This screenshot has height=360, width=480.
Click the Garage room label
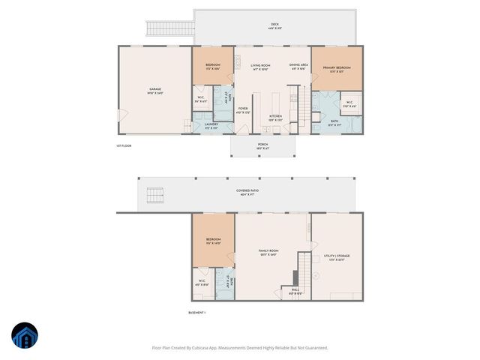point(154,91)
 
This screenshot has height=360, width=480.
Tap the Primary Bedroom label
point(337,69)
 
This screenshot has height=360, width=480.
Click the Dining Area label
point(299,67)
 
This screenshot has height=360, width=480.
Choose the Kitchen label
point(276,117)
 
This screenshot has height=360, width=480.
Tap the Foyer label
point(243,109)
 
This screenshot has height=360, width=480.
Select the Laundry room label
point(201,125)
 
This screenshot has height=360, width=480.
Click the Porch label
point(262,145)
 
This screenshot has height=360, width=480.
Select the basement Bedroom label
point(214,241)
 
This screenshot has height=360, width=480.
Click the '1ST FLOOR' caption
point(124,146)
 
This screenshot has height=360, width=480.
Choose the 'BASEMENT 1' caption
point(197,313)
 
